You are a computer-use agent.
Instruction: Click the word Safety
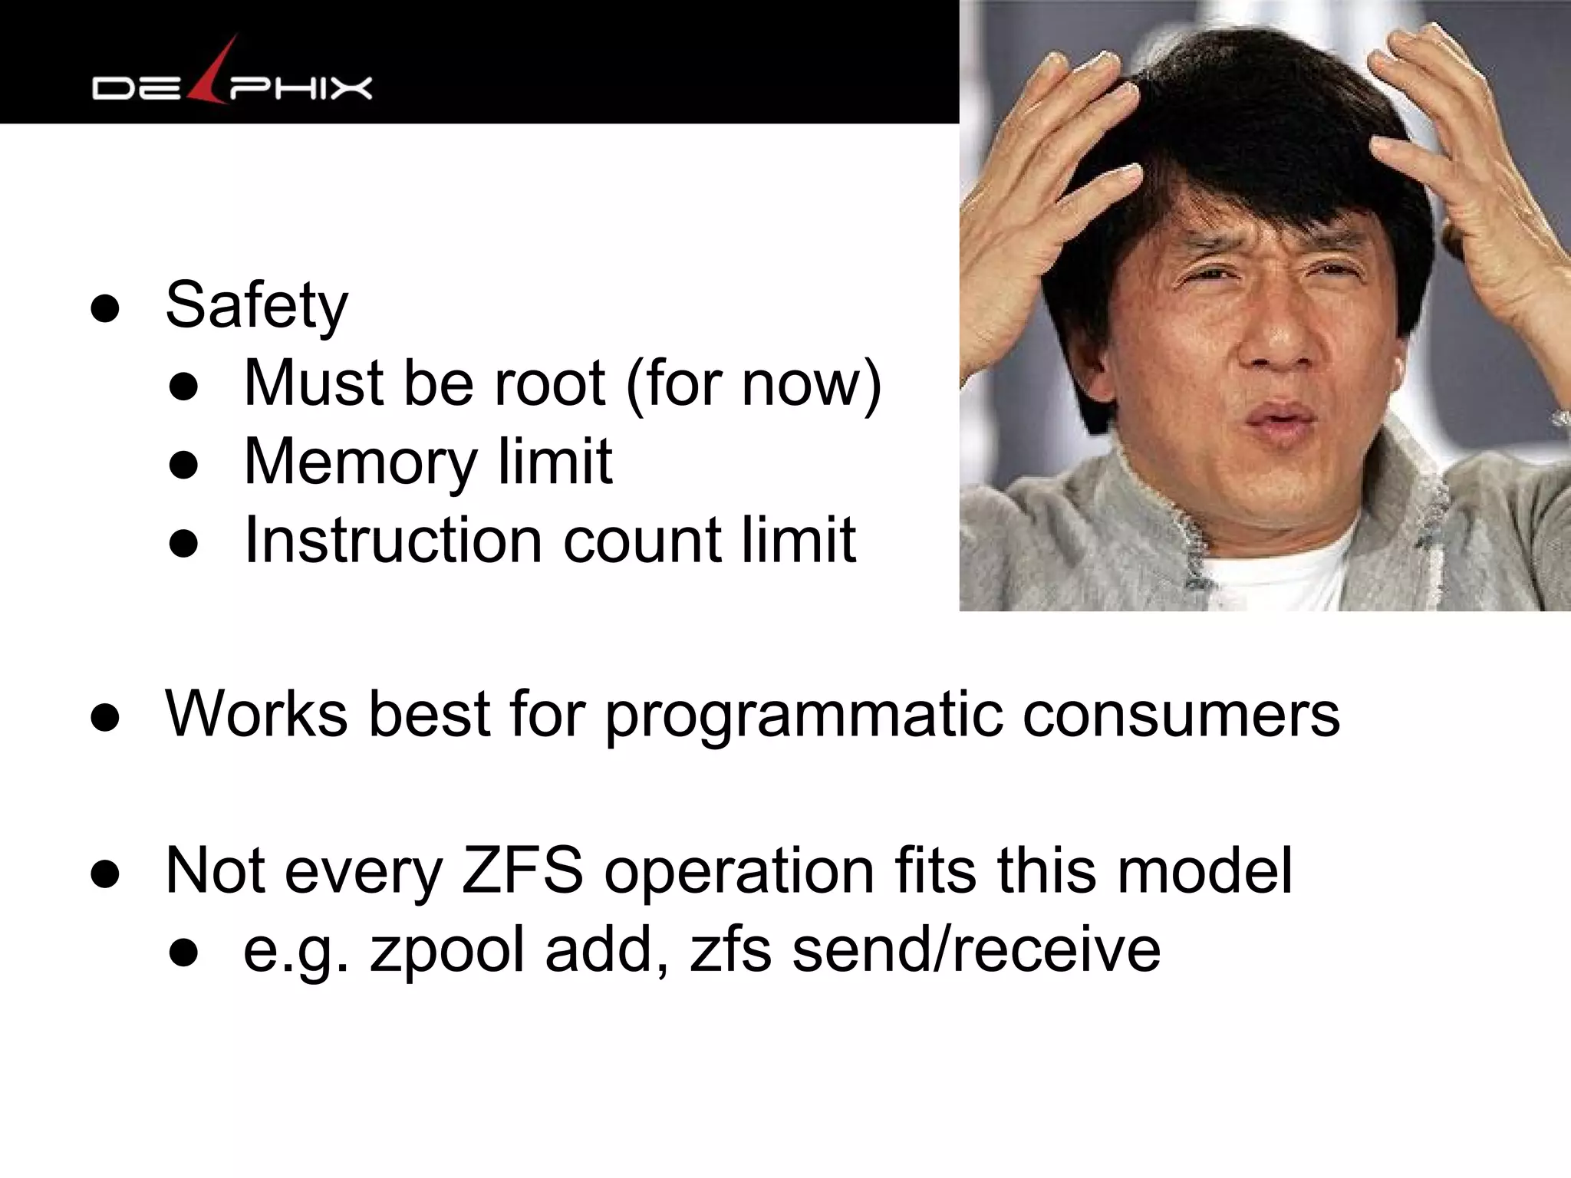coord(256,306)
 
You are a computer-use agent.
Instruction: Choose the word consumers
coord(1181,716)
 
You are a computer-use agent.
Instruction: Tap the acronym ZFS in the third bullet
coord(522,871)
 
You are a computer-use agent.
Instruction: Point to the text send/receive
coord(976,949)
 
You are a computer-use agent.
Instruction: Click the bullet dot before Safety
coord(105,309)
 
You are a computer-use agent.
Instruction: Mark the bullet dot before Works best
coord(105,719)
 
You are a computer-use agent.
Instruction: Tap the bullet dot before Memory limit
coord(184,466)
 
